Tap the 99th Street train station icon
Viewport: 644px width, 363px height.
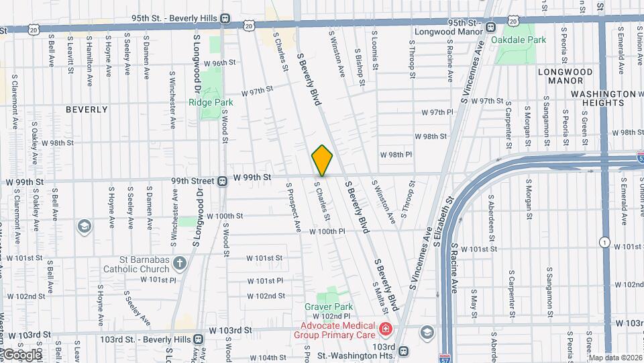[221, 181]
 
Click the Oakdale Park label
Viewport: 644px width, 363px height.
[519, 40]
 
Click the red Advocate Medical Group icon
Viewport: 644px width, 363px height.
[385, 329]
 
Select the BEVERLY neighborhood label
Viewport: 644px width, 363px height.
[87, 109]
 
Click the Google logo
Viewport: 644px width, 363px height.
[23, 354]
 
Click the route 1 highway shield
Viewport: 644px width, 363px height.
[605, 242]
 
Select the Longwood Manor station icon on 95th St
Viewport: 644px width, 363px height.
[491, 28]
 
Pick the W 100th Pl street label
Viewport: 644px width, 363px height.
[327, 231]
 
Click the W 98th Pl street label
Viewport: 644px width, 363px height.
[396, 154]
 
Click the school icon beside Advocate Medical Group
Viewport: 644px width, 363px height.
[426, 333]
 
